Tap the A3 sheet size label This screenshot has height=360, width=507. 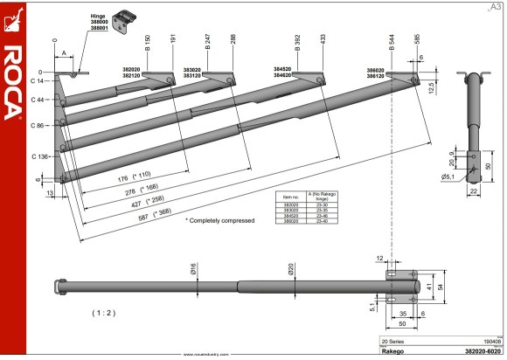tap(496, 8)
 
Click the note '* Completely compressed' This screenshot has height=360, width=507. tap(221, 221)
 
